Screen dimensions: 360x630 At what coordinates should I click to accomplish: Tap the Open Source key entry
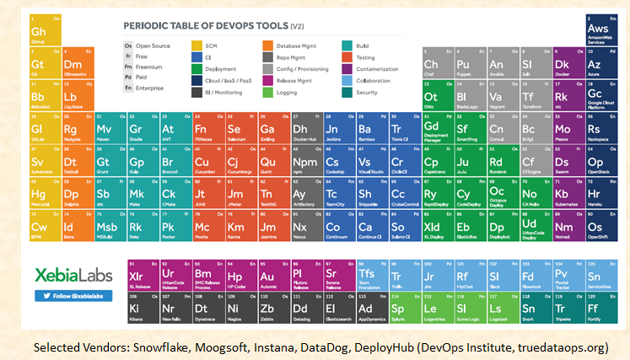tap(148, 45)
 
